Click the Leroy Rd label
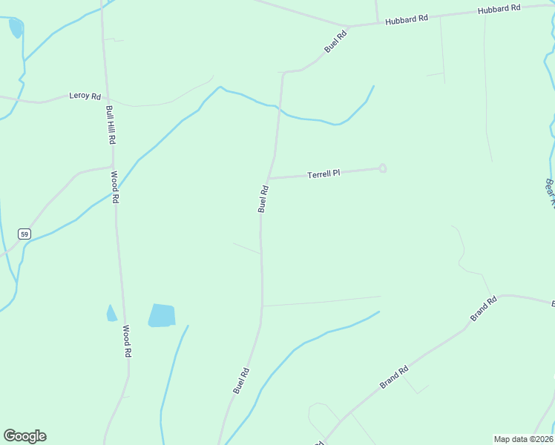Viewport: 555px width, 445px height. click(x=85, y=96)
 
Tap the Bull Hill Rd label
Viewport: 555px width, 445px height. click(x=111, y=125)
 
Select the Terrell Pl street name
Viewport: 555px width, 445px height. click(x=324, y=174)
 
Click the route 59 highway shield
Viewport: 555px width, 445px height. click(x=24, y=234)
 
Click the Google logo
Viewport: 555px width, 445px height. click(x=24, y=436)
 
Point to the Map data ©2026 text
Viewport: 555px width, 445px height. click(x=524, y=438)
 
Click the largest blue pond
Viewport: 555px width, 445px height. click(x=162, y=315)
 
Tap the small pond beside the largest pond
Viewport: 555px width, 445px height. click(x=111, y=314)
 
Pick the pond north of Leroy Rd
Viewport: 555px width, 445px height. click(x=15, y=28)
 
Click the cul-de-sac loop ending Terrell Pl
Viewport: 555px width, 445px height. click(x=383, y=168)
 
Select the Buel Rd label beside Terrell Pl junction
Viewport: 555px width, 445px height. click(x=263, y=199)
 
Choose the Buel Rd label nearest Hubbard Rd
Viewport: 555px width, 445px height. click(x=335, y=41)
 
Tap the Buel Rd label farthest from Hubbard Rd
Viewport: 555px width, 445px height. click(x=241, y=380)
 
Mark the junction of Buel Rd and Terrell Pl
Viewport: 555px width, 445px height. click(x=268, y=178)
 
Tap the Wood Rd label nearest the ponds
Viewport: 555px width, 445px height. click(x=127, y=342)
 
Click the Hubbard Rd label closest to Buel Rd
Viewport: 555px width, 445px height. click(x=407, y=20)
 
